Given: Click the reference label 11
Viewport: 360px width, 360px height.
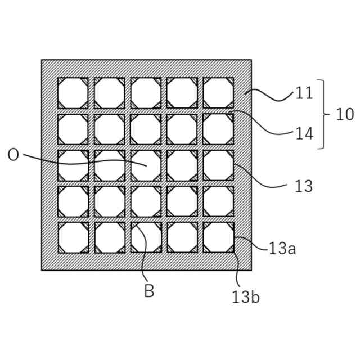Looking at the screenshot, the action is (304, 93).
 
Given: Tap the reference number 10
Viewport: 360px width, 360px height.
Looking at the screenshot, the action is (345, 114).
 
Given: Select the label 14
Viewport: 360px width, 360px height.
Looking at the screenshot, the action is (304, 133).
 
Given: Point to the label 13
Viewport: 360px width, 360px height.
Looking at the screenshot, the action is (304, 186).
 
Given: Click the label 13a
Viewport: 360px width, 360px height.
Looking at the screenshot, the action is (282, 249).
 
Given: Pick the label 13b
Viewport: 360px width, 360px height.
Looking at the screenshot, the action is (246, 296).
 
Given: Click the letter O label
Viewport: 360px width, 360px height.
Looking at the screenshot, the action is (13, 155).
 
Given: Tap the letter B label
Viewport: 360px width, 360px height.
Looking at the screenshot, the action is (149, 291).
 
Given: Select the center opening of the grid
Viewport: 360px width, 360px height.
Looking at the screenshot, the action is (146, 165).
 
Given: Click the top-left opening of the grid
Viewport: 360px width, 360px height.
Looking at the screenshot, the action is (73, 93).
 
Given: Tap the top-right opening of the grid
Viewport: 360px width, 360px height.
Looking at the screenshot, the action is (218, 93).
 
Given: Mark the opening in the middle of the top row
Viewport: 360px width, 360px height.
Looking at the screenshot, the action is (146, 93).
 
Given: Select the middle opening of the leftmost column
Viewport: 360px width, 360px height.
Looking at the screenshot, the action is (73, 165).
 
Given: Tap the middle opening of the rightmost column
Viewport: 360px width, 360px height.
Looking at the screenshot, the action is (218, 165).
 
